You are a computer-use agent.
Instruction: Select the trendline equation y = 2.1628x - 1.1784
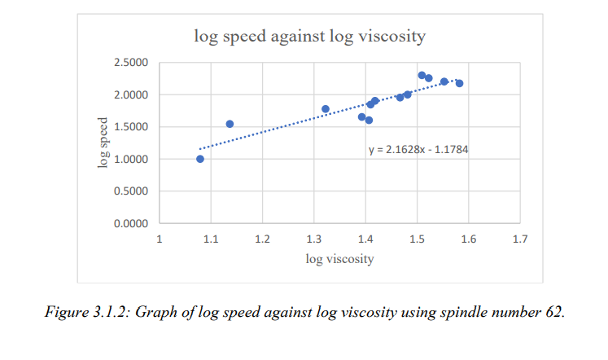(x=418, y=149)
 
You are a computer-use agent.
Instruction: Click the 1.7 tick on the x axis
(x=520, y=239)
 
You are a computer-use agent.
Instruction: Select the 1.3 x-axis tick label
(x=313, y=239)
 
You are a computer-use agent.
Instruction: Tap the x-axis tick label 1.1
(x=211, y=239)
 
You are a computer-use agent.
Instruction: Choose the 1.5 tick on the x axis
(x=417, y=239)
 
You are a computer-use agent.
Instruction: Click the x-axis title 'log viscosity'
(x=339, y=259)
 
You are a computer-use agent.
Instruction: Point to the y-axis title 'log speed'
(x=103, y=143)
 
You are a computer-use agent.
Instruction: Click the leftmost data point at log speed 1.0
(x=200, y=159)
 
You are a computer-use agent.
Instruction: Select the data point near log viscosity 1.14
(x=230, y=124)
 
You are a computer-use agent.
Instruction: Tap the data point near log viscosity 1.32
(x=326, y=109)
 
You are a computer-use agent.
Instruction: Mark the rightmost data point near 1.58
(x=459, y=83)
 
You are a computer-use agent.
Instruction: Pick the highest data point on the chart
(x=422, y=75)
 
